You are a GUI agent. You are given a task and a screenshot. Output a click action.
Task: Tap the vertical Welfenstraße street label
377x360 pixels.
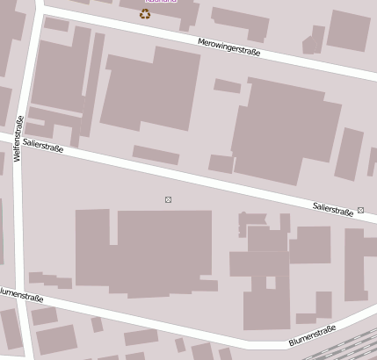click(x=18, y=138)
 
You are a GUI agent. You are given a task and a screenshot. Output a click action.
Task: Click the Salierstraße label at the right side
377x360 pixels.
click(x=333, y=209)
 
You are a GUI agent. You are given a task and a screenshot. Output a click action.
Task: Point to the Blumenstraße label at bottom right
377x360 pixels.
click(x=312, y=335)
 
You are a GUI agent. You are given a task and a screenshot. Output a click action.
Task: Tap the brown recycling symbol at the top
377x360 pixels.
click(x=145, y=14)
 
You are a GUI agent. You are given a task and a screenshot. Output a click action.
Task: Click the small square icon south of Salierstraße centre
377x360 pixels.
click(x=168, y=200)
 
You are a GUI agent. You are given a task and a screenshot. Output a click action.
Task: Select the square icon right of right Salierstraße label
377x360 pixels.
click(x=360, y=211)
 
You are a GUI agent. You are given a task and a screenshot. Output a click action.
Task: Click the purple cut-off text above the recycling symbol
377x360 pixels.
click(x=159, y=2)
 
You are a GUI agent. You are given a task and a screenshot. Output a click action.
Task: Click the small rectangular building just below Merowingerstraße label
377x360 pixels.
click(x=227, y=86)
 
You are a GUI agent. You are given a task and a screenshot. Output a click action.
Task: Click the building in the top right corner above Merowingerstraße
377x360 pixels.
click(x=348, y=30)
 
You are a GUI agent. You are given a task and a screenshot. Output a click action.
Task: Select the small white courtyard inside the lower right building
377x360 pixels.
click(x=271, y=283)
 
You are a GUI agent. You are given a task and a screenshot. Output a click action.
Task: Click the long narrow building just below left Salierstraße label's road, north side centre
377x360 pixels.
click(x=156, y=155)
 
